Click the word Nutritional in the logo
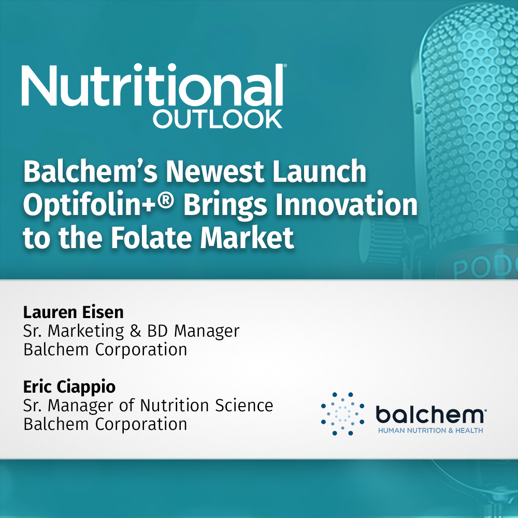point(151,85)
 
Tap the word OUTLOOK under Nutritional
point(218,119)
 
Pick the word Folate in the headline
point(146,238)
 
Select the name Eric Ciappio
point(70,386)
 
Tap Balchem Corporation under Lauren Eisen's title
point(105,350)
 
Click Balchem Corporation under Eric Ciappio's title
point(105,424)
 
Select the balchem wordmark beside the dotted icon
point(430,414)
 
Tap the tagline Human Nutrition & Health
point(430,430)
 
